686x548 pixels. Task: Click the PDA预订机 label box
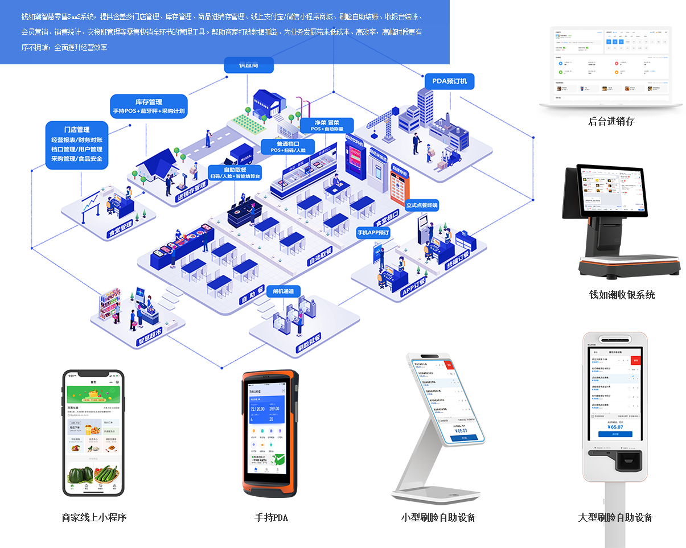click(x=449, y=81)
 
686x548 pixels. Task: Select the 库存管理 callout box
click(x=149, y=106)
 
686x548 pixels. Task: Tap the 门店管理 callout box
click(x=77, y=145)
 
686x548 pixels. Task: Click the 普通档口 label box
click(x=288, y=147)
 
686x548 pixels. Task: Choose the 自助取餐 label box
click(x=235, y=173)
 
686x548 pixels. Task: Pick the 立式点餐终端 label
click(x=422, y=205)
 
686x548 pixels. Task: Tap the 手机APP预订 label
click(x=373, y=233)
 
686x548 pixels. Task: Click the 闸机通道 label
click(x=283, y=291)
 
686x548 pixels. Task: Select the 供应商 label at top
click(x=249, y=65)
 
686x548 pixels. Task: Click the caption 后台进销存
click(x=611, y=121)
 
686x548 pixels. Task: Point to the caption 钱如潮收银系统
click(x=622, y=295)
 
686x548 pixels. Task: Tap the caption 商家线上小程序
click(x=94, y=517)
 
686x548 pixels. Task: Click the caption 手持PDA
click(x=271, y=517)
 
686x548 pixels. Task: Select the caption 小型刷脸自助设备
click(x=438, y=517)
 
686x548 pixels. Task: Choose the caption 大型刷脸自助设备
click(x=615, y=517)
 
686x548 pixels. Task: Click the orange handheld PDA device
click(x=270, y=434)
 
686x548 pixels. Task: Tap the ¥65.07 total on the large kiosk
click(x=615, y=426)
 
